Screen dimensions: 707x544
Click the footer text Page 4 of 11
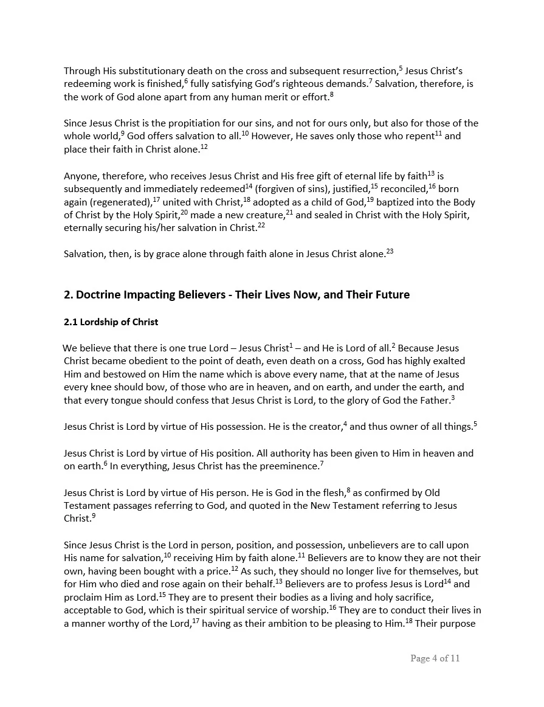click(x=435, y=658)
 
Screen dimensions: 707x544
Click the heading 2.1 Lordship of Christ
click(x=111, y=322)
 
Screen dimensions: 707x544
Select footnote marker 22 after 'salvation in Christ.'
click(x=261, y=226)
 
